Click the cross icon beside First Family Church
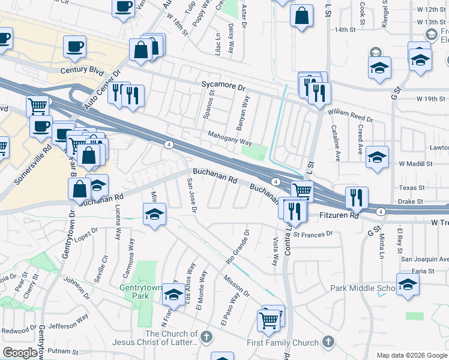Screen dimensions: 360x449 pyautogui.click(x=328, y=342)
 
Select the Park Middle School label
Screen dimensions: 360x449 pyautogui.click(x=363, y=288)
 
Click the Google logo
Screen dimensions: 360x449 pyautogui.click(x=20, y=353)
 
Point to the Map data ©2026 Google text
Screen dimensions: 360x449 pyautogui.click(x=412, y=355)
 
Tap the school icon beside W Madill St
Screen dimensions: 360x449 pyautogui.click(x=376, y=157)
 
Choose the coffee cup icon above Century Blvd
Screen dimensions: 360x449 pyautogui.click(x=75, y=46)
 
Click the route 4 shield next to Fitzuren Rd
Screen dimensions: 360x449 pyautogui.click(x=381, y=212)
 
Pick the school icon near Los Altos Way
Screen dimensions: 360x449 pyautogui.click(x=173, y=294)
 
